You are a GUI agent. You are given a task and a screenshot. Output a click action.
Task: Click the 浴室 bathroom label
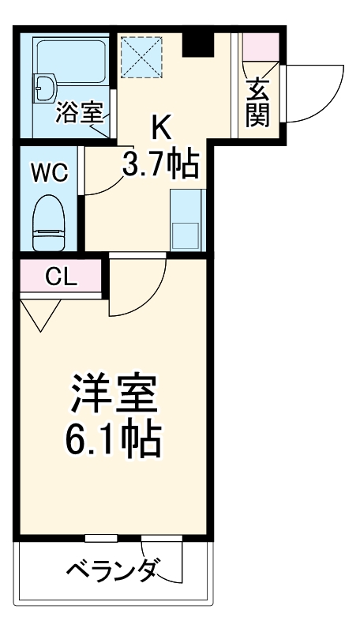coord(79,114)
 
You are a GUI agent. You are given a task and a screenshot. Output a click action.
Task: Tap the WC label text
coord(49,171)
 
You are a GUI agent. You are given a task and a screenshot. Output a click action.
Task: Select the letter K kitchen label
coord(161,126)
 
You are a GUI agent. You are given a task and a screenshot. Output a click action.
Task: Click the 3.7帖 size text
coord(159,164)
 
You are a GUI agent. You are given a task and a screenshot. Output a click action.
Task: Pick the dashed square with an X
coord(140,58)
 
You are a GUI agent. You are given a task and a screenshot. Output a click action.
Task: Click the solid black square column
coord(197,46)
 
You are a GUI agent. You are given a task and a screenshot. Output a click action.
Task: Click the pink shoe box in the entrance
coord(259,50)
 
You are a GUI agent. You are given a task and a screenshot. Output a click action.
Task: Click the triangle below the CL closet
coord(39,315)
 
